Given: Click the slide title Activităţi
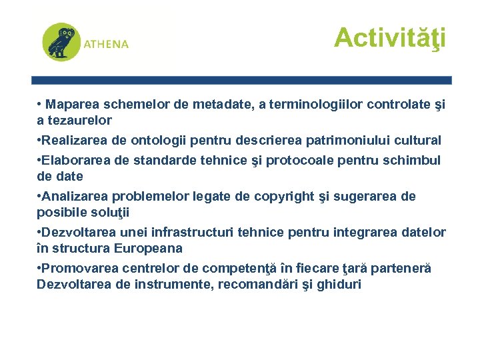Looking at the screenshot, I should click(x=389, y=38).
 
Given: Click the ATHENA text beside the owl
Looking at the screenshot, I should click(x=106, y=44).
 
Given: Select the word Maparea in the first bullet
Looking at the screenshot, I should click(x=70, y=105).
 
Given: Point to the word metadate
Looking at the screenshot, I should click(x=223, y=105).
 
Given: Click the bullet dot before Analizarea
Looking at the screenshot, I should click(x=39, y=197).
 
